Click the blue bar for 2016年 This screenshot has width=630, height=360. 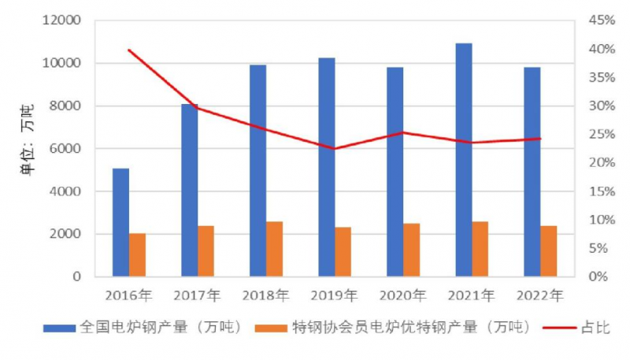pyautogui.click(x=120, y=222)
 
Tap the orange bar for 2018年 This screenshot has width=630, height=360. pyautogui.click(x=274, y=249)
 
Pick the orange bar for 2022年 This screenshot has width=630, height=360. pyautogui.click(x=549, y=251)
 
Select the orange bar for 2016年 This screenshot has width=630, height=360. pyautogui.click(x=137, y=254)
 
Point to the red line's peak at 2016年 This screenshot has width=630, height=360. pyautogui.click(x=128, y=50)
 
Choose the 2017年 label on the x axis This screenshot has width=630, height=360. pyautogui.click(x=197, y=296)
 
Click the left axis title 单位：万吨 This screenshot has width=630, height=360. pyautogui.click(x=26, y=149)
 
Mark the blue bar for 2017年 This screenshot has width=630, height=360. pyautogui.click(x=189, y=190)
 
